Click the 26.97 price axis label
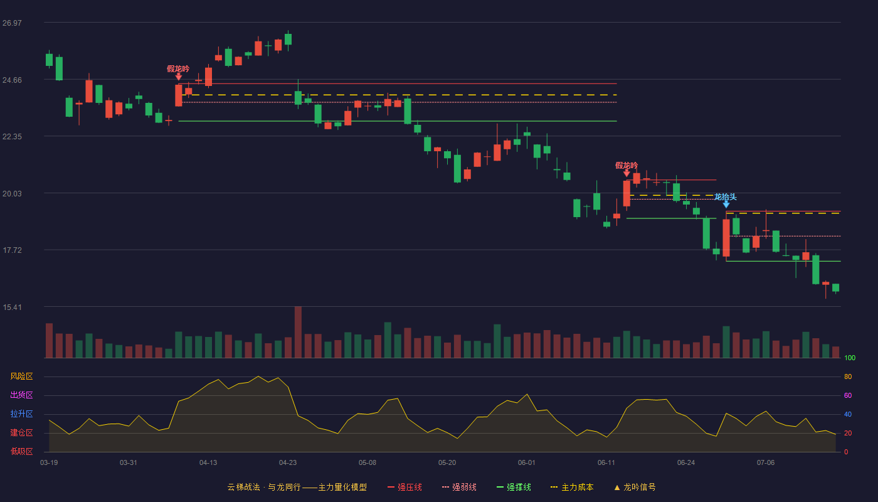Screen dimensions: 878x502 click(x=12, y=23)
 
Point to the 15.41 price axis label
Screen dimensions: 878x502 click(x=12, y=307)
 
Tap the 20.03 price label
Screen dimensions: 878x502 click(x=12, y=194)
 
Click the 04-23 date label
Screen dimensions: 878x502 click(x=288, y=463)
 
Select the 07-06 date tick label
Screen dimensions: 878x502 click(x=766, y=463)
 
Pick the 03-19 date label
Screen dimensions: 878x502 click(x=49, y=463)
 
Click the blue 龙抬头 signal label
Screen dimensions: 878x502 click(x=725, y=197)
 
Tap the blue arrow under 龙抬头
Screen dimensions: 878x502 click(x=726, y=205)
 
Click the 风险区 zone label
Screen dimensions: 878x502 click(x=21, y=376)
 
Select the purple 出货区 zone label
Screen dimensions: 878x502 click(x=21, y=395)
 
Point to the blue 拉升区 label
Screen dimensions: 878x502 click(x=21, y=414)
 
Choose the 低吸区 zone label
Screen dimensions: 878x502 click(x=21, y=451)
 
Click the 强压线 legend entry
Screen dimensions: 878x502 click(x=405, y=487)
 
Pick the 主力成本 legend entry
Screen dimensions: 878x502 click(x=572, y=487)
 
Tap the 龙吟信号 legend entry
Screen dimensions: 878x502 click(x=635, y=487)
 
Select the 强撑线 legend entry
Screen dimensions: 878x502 click(x=514, y=487)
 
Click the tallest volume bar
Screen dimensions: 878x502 click(x=298, y=332)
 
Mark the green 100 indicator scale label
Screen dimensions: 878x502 click(x=850, y=358)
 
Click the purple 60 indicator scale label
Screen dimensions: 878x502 click(x=848, y=395)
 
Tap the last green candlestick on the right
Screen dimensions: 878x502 click(x=835, y=288)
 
